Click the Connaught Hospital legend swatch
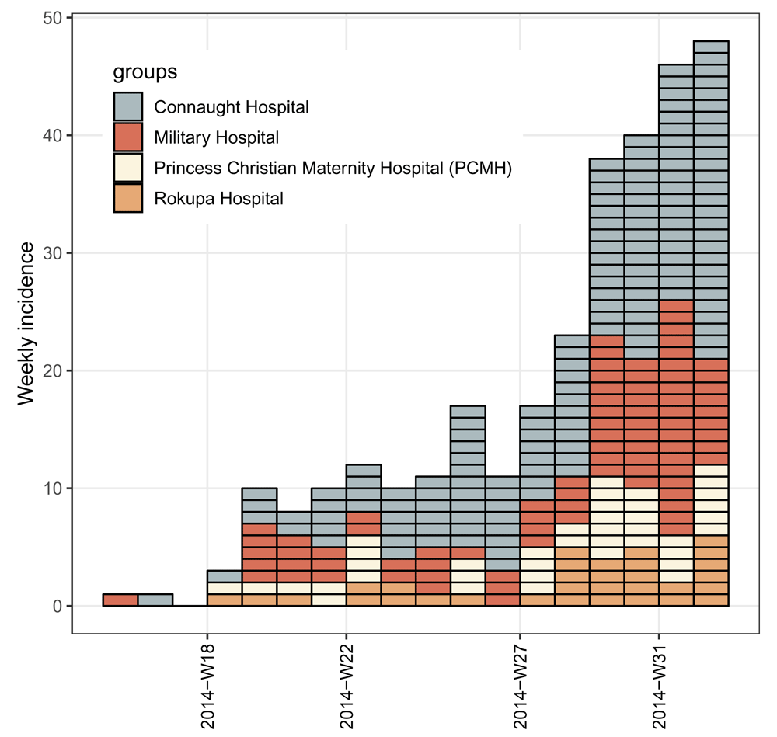click(x=127, y=106)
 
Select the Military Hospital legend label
click(x=216, y=138)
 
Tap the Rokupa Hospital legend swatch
click(x=127, y=198)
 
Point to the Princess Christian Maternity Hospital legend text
click(x=333, y=168)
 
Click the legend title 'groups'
click(x=145, y=73)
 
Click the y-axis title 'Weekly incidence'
click(x=26, y=323)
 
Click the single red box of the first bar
click(x=120, y=600)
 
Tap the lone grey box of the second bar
click(x=155, y=600)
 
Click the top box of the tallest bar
click(x=710, y=47)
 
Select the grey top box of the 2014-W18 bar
click(x=225, y=576)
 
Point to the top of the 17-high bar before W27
click(x=468, y=412)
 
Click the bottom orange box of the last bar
click(x=710, y=600)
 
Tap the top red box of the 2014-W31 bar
click(x=676, y=306)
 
